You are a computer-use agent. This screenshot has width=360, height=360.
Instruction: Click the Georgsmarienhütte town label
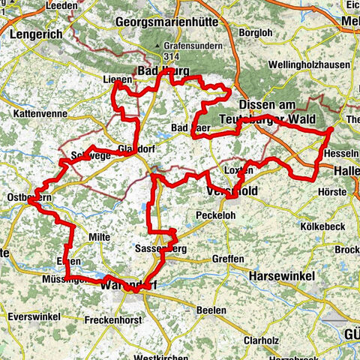pos(166,22)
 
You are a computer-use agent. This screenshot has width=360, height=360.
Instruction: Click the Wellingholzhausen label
pos(307,65)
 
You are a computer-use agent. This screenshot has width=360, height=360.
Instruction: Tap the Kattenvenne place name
pos(35,114)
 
